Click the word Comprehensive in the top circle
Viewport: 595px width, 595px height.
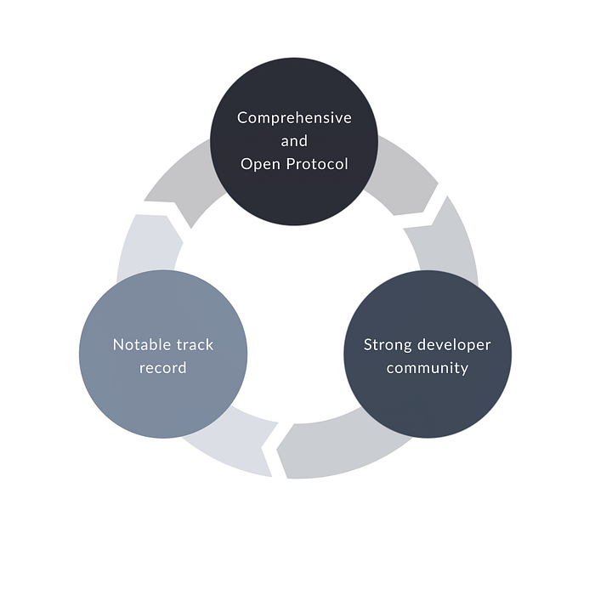[x=294, y=117]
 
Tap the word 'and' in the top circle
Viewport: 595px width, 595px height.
[x=294, y=141]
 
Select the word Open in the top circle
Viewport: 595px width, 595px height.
[x=260, y=164]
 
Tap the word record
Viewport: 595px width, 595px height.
[x=163, y=368]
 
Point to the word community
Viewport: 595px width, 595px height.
[x=428, y=368]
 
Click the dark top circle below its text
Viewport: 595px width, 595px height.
[x=294, y=200]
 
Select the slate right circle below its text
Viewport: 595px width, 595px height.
[x=428, y=404]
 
